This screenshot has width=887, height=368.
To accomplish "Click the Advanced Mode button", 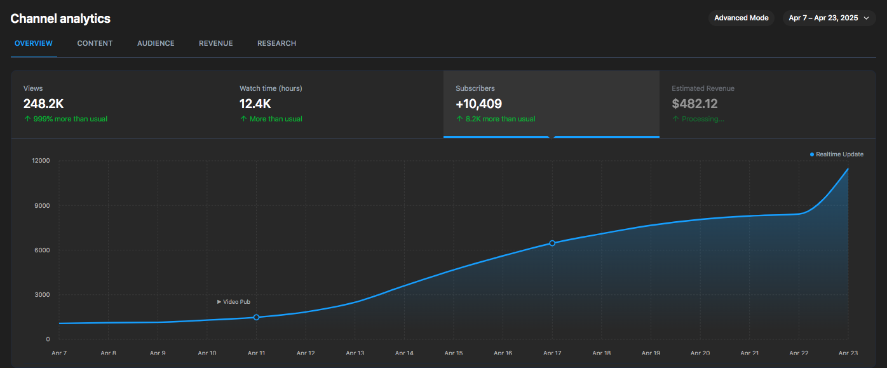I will pyautogui.click(x=741, y=18).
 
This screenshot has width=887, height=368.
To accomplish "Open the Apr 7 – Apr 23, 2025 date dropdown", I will pyautogui.click(x=829, y=18).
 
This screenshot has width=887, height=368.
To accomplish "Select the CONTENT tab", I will pyautogui.click(x=95, y=43).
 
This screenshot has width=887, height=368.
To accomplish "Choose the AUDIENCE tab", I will pyautogui.click(x=156, y=43).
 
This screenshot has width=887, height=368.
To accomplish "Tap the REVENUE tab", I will pyautogui.click(x=215, y=43).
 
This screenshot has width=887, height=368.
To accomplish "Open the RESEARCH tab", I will pyautogui.click(x=276, y=43).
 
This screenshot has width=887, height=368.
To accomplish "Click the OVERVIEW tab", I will pyautogui.click(x=34, y=43).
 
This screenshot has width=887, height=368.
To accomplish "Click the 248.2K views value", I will pyautogui.click(x=43, y=104).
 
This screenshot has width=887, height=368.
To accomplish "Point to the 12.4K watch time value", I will pyautogui.click(x=255, y=104).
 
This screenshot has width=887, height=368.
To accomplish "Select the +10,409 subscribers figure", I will pyautogui.click(x=478, y=104).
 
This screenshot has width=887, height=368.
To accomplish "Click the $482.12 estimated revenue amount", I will pyautogui.click(x=694, y=104).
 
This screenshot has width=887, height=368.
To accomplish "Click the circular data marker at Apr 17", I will pyautogui.click(x=552, y=243).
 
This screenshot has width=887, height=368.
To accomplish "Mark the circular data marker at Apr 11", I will pyautogui.click(x=257, y=317).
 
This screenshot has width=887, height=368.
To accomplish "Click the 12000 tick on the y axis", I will pyautogui.click(x=41, y=161).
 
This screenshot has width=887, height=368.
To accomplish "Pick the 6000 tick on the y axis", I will pyautogui.click(x=43, y=250).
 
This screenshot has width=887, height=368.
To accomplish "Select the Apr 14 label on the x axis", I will pyautogui.click(x=404, y=353).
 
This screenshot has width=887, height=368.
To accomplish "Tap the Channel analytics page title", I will pyautogui.click(x=60, y=18).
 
